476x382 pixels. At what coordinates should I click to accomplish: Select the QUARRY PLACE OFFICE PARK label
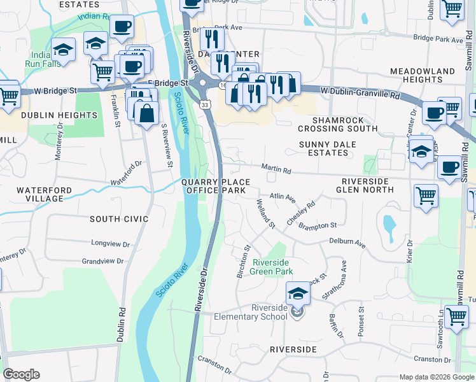pyautogui.click(x=214, y=187)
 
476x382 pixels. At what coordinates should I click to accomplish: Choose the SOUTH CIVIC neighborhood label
pyautogui.click(x=119, y=219)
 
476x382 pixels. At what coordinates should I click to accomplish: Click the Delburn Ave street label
pyautogui.click(x=347, y=243)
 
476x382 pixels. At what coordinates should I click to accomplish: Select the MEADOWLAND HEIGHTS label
pyautogui.click(x=423, y=75)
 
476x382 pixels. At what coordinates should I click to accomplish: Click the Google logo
pyautogui.click(x=21, y=374)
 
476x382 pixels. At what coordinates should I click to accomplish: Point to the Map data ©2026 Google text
pyautogui.click(x=436, y=377)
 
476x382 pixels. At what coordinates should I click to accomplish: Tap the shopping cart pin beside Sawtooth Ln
pyautogui.click(x=456, y=316)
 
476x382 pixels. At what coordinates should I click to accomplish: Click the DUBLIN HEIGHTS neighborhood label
pyautogui.click(x=59, y=115)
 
